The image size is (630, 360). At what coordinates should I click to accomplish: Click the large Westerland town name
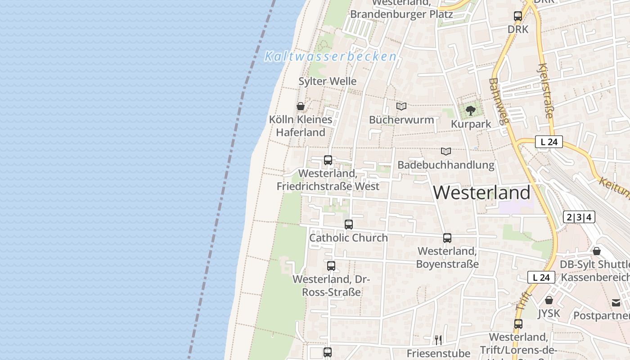point(481,193)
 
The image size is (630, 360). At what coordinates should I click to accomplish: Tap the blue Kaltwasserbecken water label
point(331,57)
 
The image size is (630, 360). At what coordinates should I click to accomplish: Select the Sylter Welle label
point(328,81)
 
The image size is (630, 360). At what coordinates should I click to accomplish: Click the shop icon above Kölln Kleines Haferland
point(301,107)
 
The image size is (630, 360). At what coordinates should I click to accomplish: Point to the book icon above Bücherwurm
point(401,107)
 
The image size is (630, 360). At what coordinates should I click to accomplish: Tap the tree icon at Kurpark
point(471,111)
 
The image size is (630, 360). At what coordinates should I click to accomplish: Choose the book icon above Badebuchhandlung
point(446,152)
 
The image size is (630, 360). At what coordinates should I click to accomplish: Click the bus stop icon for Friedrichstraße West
point(328,160)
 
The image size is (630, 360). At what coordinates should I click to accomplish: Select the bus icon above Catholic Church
point(349,225)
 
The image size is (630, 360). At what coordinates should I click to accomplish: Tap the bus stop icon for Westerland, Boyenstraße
point(447,238)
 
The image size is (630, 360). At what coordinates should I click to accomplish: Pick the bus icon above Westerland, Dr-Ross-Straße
point(331,266)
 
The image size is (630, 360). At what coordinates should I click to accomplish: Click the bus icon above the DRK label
point(518,16)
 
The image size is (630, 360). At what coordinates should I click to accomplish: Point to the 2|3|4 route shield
point(579,217)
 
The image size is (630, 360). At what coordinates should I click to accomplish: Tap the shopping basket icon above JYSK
point(549,300)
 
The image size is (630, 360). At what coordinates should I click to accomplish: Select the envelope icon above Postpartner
point(616,302)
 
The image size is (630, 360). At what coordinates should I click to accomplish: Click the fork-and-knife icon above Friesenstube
point(438,340)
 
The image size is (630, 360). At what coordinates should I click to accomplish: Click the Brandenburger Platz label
point(401,14)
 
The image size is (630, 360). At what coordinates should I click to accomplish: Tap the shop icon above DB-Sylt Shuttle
point(597,251)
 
